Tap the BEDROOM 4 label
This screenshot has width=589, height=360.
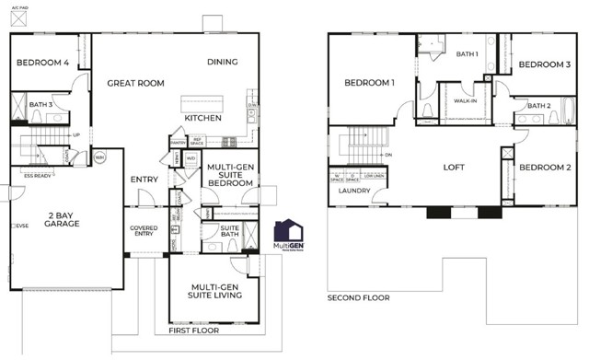[42, 63]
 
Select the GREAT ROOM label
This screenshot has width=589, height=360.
[135, 83]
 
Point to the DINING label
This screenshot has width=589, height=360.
[222, 63]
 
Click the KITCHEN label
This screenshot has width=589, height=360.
[202, 119]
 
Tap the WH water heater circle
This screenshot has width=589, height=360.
[100, 157]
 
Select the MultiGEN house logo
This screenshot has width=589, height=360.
[289, 232]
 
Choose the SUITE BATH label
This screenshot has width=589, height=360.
[229, 231]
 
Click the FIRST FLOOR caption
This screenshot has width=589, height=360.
[194, 330]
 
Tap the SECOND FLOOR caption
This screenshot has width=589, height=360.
[359, 298]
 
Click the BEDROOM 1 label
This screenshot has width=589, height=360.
[369, 84]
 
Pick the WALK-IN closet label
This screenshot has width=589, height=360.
[466, 100]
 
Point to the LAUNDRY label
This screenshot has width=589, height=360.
[353, 192]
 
